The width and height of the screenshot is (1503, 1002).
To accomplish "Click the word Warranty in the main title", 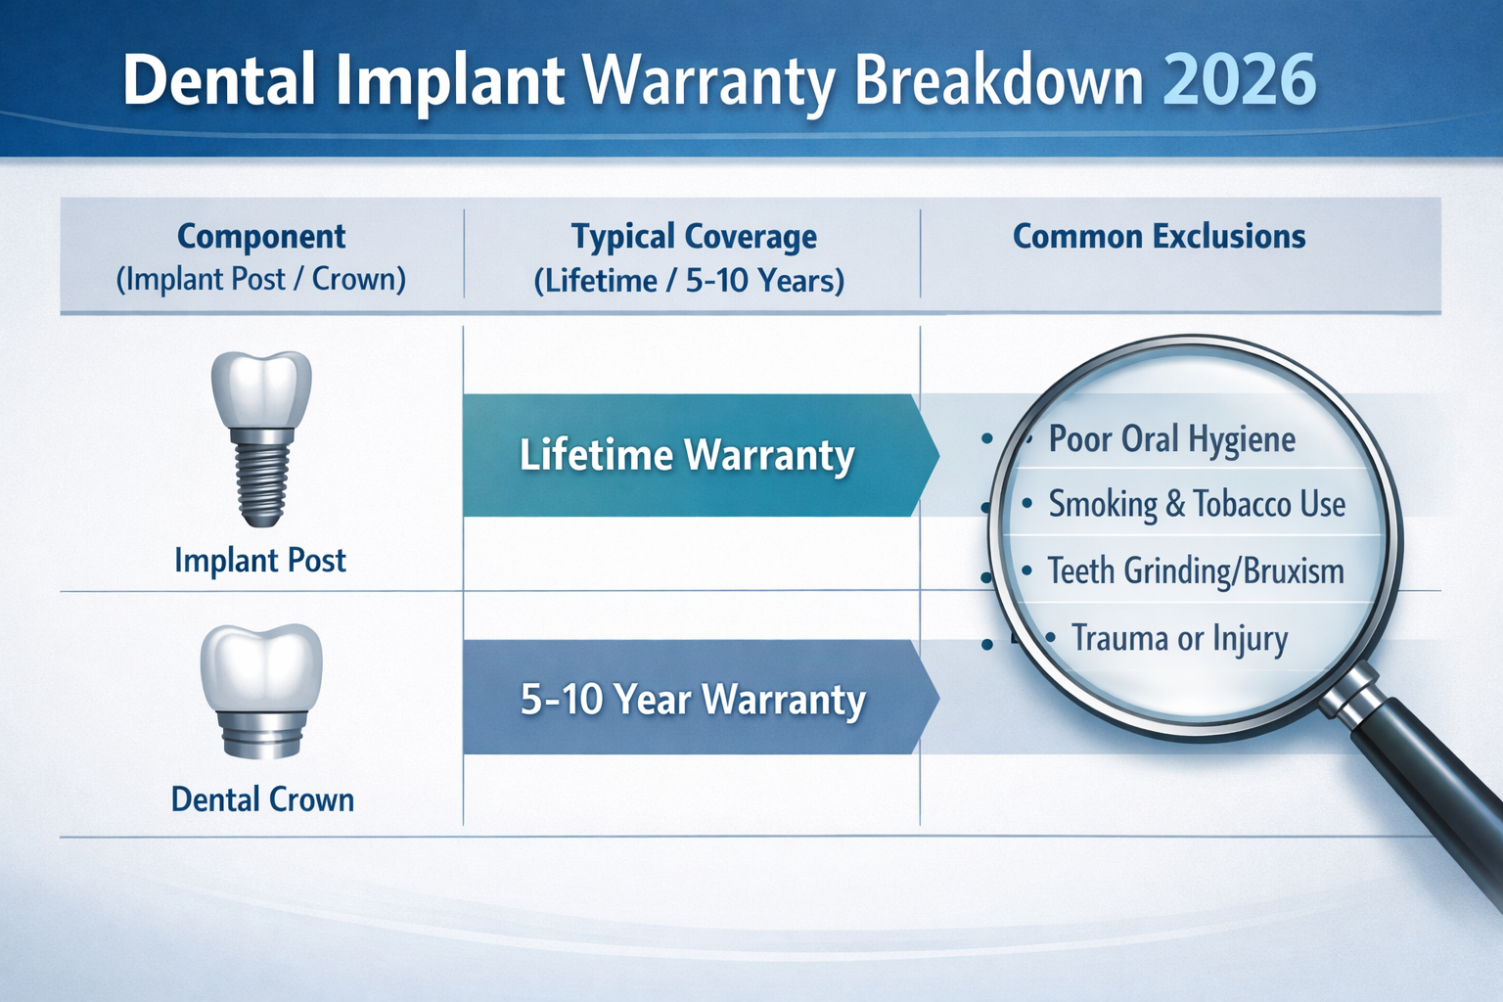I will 710,81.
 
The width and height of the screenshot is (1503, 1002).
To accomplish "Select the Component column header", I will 261,237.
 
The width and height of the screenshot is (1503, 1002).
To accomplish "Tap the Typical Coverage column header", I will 694,237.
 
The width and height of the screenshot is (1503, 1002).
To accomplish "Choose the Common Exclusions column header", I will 1159,237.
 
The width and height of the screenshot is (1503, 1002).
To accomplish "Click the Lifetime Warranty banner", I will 688,456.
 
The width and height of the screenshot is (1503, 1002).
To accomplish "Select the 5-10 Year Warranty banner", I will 693,700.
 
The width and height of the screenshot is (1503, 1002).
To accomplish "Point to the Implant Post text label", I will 260,561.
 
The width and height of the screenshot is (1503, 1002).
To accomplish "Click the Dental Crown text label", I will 262,799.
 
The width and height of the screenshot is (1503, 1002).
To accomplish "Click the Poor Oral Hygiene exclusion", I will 1171,439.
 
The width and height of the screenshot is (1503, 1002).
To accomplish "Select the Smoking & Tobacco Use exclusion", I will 1197,505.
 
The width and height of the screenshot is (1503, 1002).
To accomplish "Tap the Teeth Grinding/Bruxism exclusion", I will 1196,570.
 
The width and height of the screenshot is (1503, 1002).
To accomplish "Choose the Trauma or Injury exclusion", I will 1179,638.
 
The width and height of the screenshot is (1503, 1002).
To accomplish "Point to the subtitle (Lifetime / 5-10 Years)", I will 689,282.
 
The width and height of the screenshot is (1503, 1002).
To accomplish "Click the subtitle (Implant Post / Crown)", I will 261,280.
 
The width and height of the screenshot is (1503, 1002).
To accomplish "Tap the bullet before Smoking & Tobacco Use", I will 1026,504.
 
